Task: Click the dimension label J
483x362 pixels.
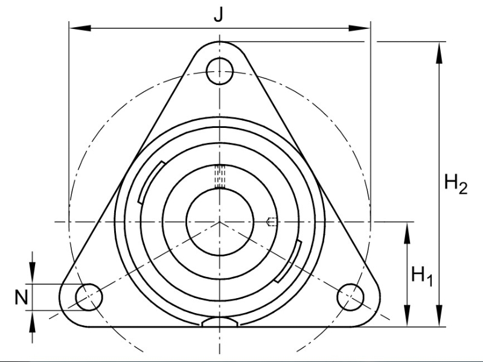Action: [219, 14]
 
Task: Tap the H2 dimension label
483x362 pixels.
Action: [456, 183]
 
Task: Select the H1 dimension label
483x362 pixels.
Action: [422, 276]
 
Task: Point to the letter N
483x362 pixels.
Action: [21, 297]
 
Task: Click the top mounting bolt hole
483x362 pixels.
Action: [219, 71]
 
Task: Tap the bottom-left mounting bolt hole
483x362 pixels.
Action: [89, 297]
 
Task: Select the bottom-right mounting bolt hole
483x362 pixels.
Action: [351, 297]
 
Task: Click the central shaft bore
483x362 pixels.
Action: [220, 221]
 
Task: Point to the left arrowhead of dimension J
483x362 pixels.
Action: [80, 28]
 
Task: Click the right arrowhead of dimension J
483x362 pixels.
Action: [359, 28]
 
